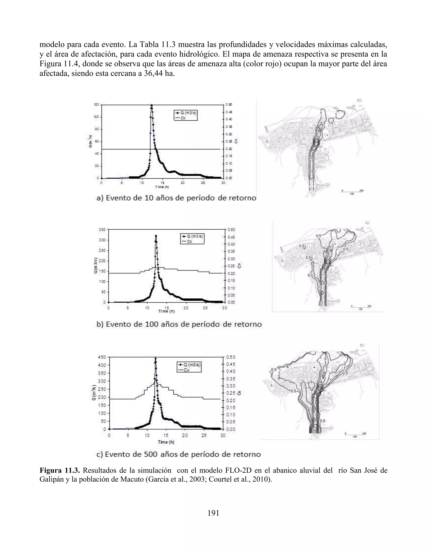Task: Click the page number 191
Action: click(213, 513)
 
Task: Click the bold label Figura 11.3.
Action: click(60, 470)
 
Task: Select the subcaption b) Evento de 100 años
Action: click(179, 324)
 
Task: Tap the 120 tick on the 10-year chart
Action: click(97, 105)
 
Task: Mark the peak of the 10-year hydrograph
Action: click(152, 105)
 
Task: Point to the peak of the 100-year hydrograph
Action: click(156, 236)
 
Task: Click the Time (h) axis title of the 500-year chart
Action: click(166, 442)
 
